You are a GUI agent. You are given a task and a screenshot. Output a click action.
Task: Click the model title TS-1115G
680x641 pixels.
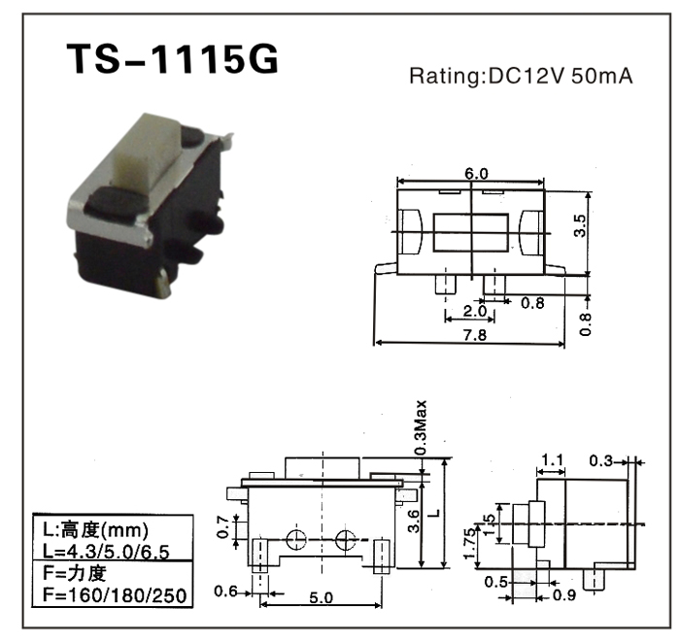pyautogui.click(x=172, y=59)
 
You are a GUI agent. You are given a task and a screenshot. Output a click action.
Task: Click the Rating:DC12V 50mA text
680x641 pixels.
pyautogui.click(x=522, y=77)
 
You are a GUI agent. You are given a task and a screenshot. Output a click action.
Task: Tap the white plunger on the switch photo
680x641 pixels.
pyautogui.click(x=148, y=149)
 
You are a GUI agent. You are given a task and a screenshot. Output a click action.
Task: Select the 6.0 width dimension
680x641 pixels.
pyautogui.click(x=476, y=174)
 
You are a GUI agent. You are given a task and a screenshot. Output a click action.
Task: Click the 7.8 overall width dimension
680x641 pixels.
pyautogui.click(x=475, y=335)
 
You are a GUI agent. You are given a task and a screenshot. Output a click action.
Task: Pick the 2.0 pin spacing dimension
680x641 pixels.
pyautogui.click(x=474, y=311)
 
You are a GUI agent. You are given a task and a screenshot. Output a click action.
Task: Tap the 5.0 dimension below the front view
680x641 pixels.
pyautogui.click(x=321, y=597)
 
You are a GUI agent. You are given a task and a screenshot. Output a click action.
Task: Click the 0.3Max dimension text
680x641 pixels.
pyautogui.click(x=421, y=427)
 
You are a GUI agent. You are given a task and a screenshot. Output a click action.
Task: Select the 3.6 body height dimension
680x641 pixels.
pyautogui.click(x=413, y=521)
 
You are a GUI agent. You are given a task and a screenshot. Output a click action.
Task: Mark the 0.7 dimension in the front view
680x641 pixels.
pyautogui.click(x=222, y=527)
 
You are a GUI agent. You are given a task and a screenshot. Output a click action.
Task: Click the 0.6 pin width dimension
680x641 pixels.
pyautogui.click(x=226, y=590)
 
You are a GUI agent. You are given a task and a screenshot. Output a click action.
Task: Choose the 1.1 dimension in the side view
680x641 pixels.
pyautogui.click(x=552, y=459)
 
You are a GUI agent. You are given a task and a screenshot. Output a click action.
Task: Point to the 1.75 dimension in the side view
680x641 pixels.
pyautogui.click(x=469, y=544)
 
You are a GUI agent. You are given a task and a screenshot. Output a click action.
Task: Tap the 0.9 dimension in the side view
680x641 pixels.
pyautogui.click(x=564, y=595)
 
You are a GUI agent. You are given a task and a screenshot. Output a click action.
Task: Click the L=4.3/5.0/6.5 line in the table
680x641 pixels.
pyautogui.click(x=106, y=552)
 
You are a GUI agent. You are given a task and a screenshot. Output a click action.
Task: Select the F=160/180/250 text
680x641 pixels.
pyautogui.click(x=115, y=595)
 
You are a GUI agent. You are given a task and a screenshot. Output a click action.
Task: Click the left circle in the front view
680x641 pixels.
pyautogui.click(x=296, y=540)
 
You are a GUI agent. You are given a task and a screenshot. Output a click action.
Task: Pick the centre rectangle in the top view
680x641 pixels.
pyautogui.click(x=470, y=232)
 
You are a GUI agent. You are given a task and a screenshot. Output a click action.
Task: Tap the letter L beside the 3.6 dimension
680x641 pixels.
pyautogui.click(x=436, y=513)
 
